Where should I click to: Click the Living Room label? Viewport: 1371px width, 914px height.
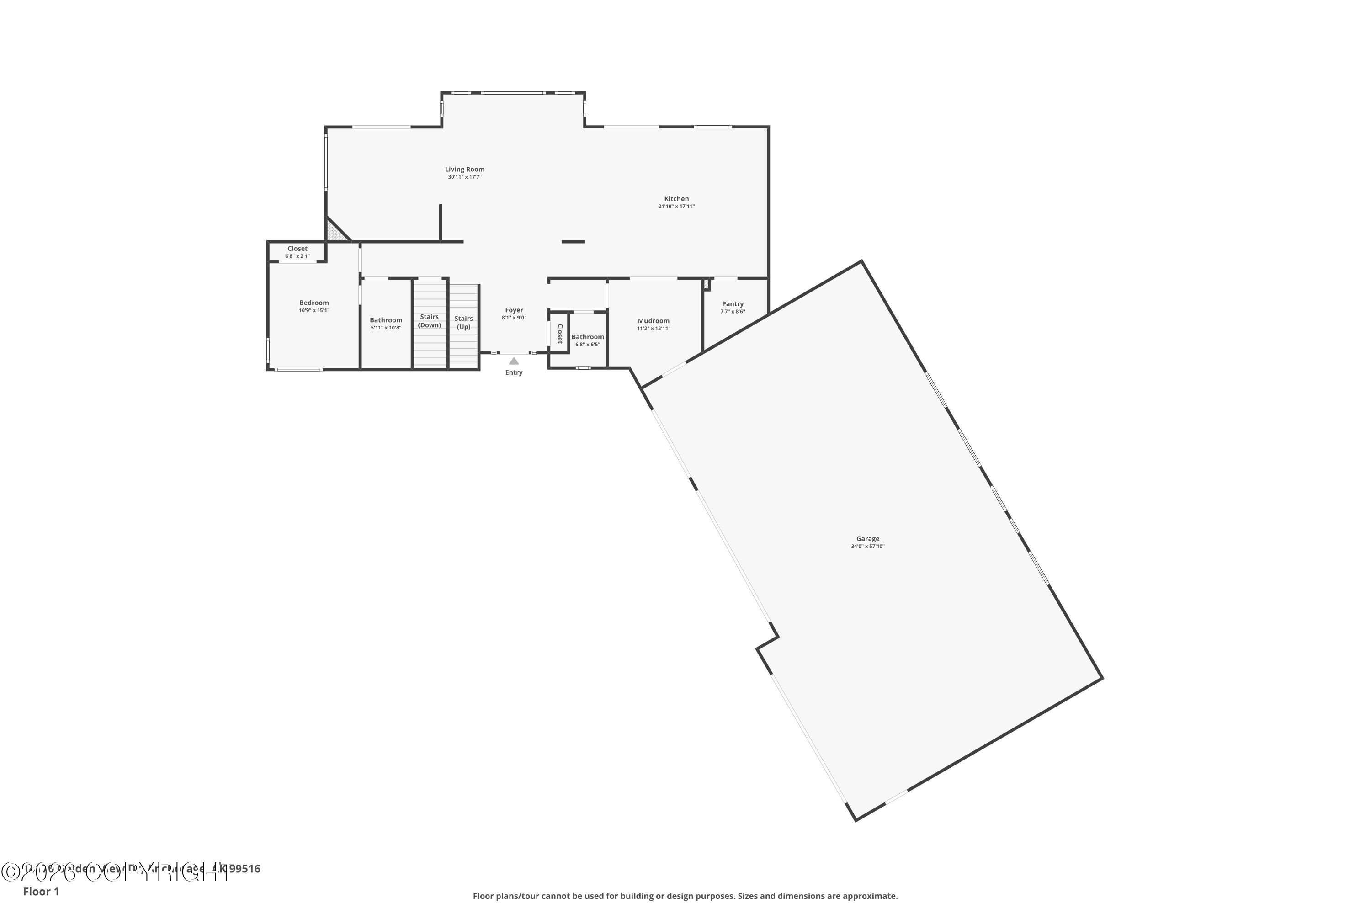465,170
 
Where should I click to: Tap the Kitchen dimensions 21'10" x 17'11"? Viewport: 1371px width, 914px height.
676,207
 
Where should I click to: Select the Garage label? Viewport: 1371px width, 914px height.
867,539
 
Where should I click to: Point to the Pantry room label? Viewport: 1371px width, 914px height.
732,304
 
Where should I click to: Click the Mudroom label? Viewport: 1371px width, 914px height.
654,321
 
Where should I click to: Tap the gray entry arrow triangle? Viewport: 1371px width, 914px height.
514,361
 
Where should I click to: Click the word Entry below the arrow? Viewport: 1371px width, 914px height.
514,372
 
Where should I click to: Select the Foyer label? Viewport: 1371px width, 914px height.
514,310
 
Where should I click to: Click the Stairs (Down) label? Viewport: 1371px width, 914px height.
429,321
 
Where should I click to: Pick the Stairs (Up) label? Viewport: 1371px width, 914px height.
463,322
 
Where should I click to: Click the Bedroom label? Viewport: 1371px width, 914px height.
314,303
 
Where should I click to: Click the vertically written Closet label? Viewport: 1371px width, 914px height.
559,334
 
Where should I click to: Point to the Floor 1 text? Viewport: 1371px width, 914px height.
41,891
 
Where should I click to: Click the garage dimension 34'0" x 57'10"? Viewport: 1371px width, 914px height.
867,547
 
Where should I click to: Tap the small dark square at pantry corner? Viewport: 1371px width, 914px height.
707,284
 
